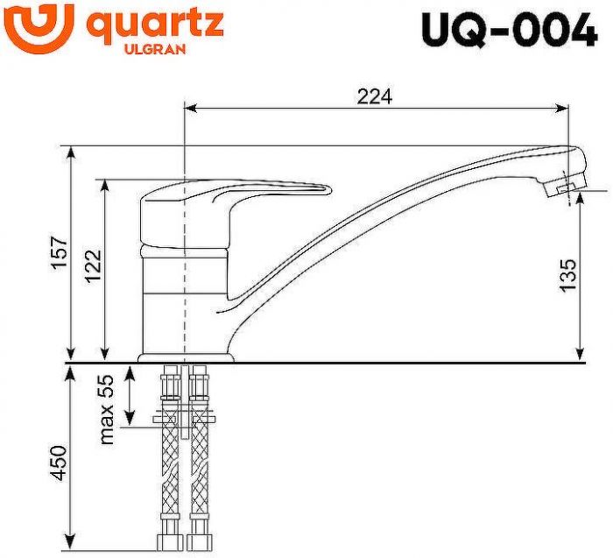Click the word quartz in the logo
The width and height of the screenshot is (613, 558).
coord(155,25)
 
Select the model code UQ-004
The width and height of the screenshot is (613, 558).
coord(509,31)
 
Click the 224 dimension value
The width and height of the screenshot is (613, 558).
coord(374,96)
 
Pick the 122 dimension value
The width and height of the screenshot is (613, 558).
coord(93,266)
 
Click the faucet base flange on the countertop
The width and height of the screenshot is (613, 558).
coord(187,357)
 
